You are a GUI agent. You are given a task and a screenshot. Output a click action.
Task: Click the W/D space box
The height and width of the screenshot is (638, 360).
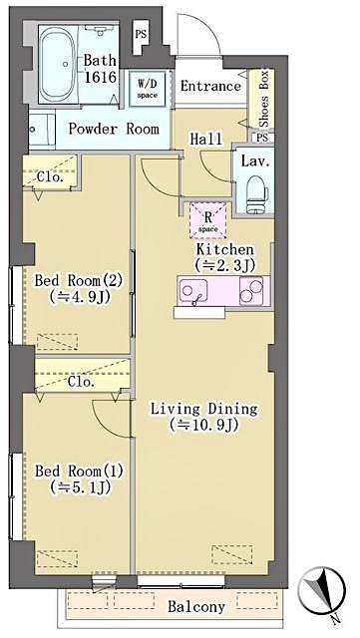[148, 86]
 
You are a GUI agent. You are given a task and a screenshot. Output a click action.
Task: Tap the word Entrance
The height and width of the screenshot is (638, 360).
[210, 86]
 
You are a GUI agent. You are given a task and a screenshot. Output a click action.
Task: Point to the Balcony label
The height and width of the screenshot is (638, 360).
[195, 606]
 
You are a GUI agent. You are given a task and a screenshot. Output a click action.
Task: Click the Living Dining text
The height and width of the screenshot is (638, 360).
[203, 408]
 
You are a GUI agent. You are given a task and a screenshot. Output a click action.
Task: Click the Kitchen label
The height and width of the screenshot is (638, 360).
[223, 249]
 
